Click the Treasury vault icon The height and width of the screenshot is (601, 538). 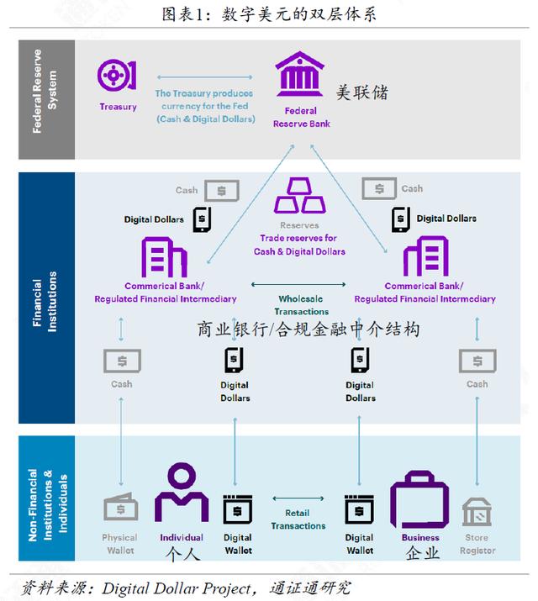117,75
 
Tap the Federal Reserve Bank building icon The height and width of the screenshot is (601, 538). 299,74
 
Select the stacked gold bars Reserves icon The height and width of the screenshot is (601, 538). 299,196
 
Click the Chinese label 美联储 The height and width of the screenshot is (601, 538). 362,92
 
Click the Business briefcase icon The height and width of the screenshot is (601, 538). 419,500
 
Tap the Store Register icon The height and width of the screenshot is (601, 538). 477,512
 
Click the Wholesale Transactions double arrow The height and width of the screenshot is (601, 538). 298,284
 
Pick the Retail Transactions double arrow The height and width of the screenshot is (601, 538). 298,498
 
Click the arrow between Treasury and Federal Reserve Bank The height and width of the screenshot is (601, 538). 204,77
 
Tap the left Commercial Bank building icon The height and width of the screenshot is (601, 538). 164,257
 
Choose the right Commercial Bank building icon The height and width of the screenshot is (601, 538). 425,256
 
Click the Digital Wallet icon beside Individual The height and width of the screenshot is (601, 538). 238,509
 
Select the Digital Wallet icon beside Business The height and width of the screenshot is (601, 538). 359,509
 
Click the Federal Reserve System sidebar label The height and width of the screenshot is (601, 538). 45,92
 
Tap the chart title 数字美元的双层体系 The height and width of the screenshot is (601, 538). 299,14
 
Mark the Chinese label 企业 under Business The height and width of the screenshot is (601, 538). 422,553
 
